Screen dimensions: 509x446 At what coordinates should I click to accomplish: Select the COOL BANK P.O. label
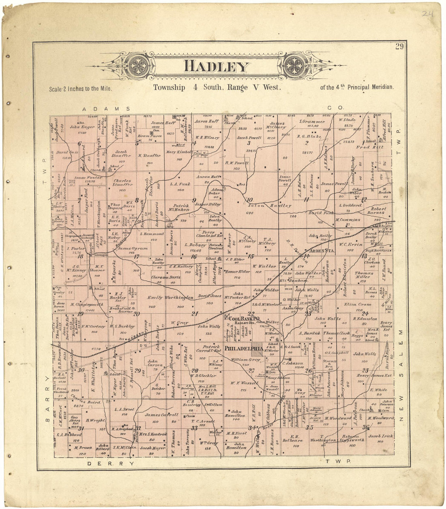(244, 318)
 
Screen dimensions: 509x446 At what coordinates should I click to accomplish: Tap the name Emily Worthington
(170, 298)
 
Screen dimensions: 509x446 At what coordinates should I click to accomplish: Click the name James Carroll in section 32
(161, 415)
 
